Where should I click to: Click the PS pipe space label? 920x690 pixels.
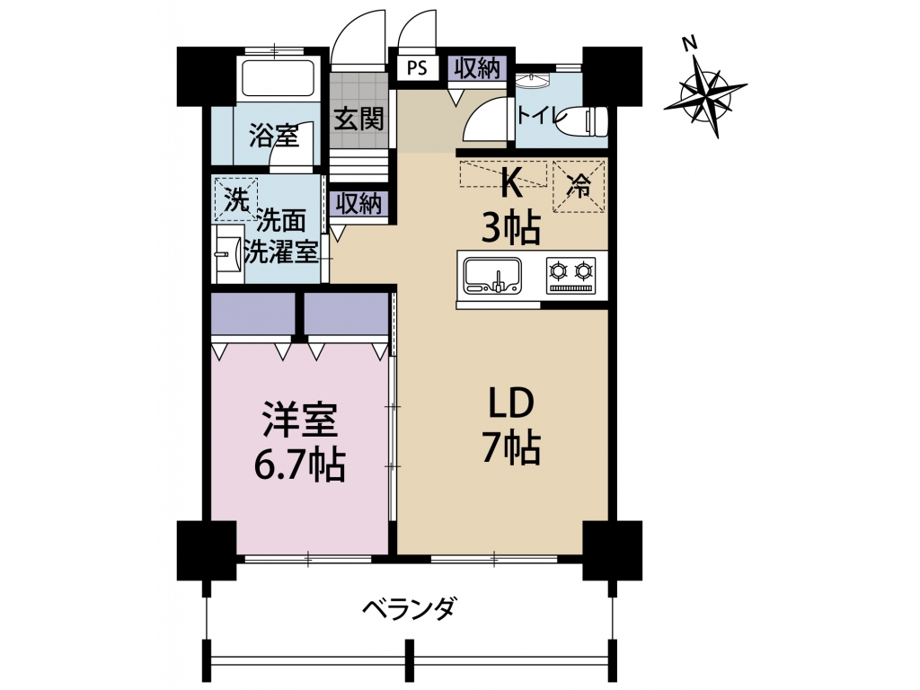(x=417, y=68)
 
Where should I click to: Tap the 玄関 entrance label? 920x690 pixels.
(x=358, y=119)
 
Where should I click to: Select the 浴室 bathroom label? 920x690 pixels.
(x=274, y=136)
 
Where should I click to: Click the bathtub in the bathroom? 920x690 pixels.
(x=279, y=77)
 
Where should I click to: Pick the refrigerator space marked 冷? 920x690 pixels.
(x=579, y=186)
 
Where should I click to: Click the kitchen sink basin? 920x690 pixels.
(x=492, y=275)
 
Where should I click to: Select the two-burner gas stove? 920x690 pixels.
(x=571, y=275)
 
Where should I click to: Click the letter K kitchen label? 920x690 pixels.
(x=510, y=183)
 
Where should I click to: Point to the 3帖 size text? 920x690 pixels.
(x=510, y=228)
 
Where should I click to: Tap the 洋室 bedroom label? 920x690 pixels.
(x=300, y=419)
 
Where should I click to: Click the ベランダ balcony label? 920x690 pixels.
(x=409, y=608)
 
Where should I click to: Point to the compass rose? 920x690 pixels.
(x=704, y=91)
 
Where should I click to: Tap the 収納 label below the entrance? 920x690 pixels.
(x=358, y=204)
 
